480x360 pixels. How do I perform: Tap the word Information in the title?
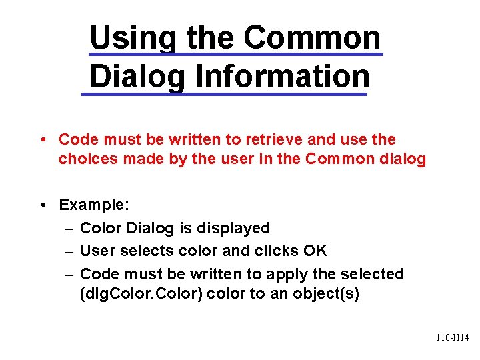[x=282, y=76]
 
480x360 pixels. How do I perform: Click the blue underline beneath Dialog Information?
[x=223, y=95]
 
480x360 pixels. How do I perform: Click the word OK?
[x=315, y=251]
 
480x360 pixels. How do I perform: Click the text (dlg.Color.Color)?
[x=141, y=294]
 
